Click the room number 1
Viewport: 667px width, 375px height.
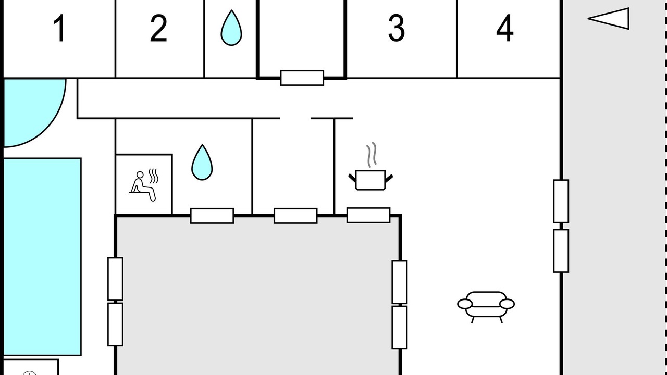59,28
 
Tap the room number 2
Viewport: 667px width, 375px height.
158,28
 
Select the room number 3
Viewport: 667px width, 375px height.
397,28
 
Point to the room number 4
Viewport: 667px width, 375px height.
505,28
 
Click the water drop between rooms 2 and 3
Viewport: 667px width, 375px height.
231,28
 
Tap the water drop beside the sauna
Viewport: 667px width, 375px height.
202,162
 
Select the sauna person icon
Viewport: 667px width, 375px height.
143,186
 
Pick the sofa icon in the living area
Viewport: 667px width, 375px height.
486,307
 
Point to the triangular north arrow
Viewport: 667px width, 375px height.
609,18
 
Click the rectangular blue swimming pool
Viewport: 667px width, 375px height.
42,257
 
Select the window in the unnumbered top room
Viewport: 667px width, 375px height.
302,78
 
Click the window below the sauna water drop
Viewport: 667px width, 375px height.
212,216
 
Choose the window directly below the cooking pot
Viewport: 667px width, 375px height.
368,215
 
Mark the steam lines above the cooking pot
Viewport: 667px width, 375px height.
372,155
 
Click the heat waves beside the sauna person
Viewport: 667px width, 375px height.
154,176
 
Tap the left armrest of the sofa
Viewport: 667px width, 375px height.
465,304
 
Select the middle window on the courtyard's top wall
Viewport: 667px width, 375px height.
295,216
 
